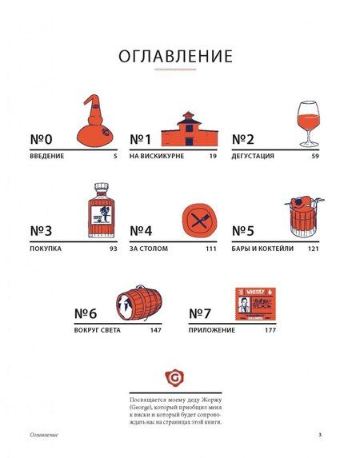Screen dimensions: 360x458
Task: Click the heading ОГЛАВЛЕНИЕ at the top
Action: point(175,56)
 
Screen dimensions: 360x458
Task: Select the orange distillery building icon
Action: point(190,129)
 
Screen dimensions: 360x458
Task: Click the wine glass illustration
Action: point(309,124)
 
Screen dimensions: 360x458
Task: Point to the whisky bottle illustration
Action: point(101,210)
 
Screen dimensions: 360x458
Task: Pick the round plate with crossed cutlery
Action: point(200,219)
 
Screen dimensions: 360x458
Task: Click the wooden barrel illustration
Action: point(139,303)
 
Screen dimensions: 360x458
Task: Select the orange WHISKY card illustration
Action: point(255,304)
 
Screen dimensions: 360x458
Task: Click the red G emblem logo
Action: point(175,378)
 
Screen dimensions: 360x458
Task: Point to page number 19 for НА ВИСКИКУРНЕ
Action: point(213,157)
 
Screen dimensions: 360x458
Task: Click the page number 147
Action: point(155,330)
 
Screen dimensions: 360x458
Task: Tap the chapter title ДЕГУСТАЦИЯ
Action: point(253,156)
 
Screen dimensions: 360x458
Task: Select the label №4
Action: point(141,231)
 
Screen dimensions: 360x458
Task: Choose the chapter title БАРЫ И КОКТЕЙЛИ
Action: point(262,249)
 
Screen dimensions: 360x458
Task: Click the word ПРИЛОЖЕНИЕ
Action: point(212,330)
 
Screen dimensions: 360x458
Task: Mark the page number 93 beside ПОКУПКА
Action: point(114,249)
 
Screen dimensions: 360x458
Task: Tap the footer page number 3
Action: point(320,434)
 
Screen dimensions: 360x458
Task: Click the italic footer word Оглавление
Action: point(44,435)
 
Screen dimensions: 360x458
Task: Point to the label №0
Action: point(42,139)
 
